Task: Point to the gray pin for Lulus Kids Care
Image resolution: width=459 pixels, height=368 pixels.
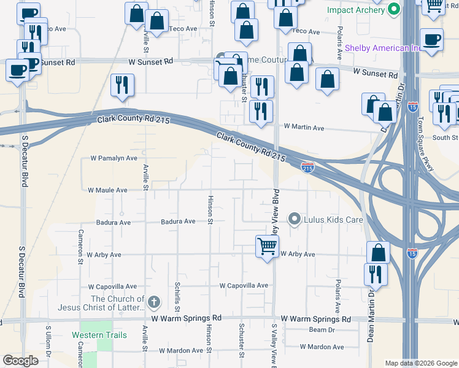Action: click(x=295, y=219)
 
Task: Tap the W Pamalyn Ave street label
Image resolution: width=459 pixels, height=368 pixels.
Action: click(x=114, y=158)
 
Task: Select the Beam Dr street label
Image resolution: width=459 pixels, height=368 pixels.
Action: click(x=321, y=330)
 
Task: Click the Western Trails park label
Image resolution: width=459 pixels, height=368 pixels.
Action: click(x=99, y=335)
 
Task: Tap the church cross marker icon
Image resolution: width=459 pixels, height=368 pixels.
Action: click(x=153, y=302)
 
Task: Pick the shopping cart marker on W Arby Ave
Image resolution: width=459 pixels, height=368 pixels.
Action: click(x=267, y=247)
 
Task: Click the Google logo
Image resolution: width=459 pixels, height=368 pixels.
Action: click(x=20, y=361)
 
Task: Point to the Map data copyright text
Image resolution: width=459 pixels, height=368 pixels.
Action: click(x=420, y=363)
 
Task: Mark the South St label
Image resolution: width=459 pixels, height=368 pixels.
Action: click(x=445, y=137)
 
